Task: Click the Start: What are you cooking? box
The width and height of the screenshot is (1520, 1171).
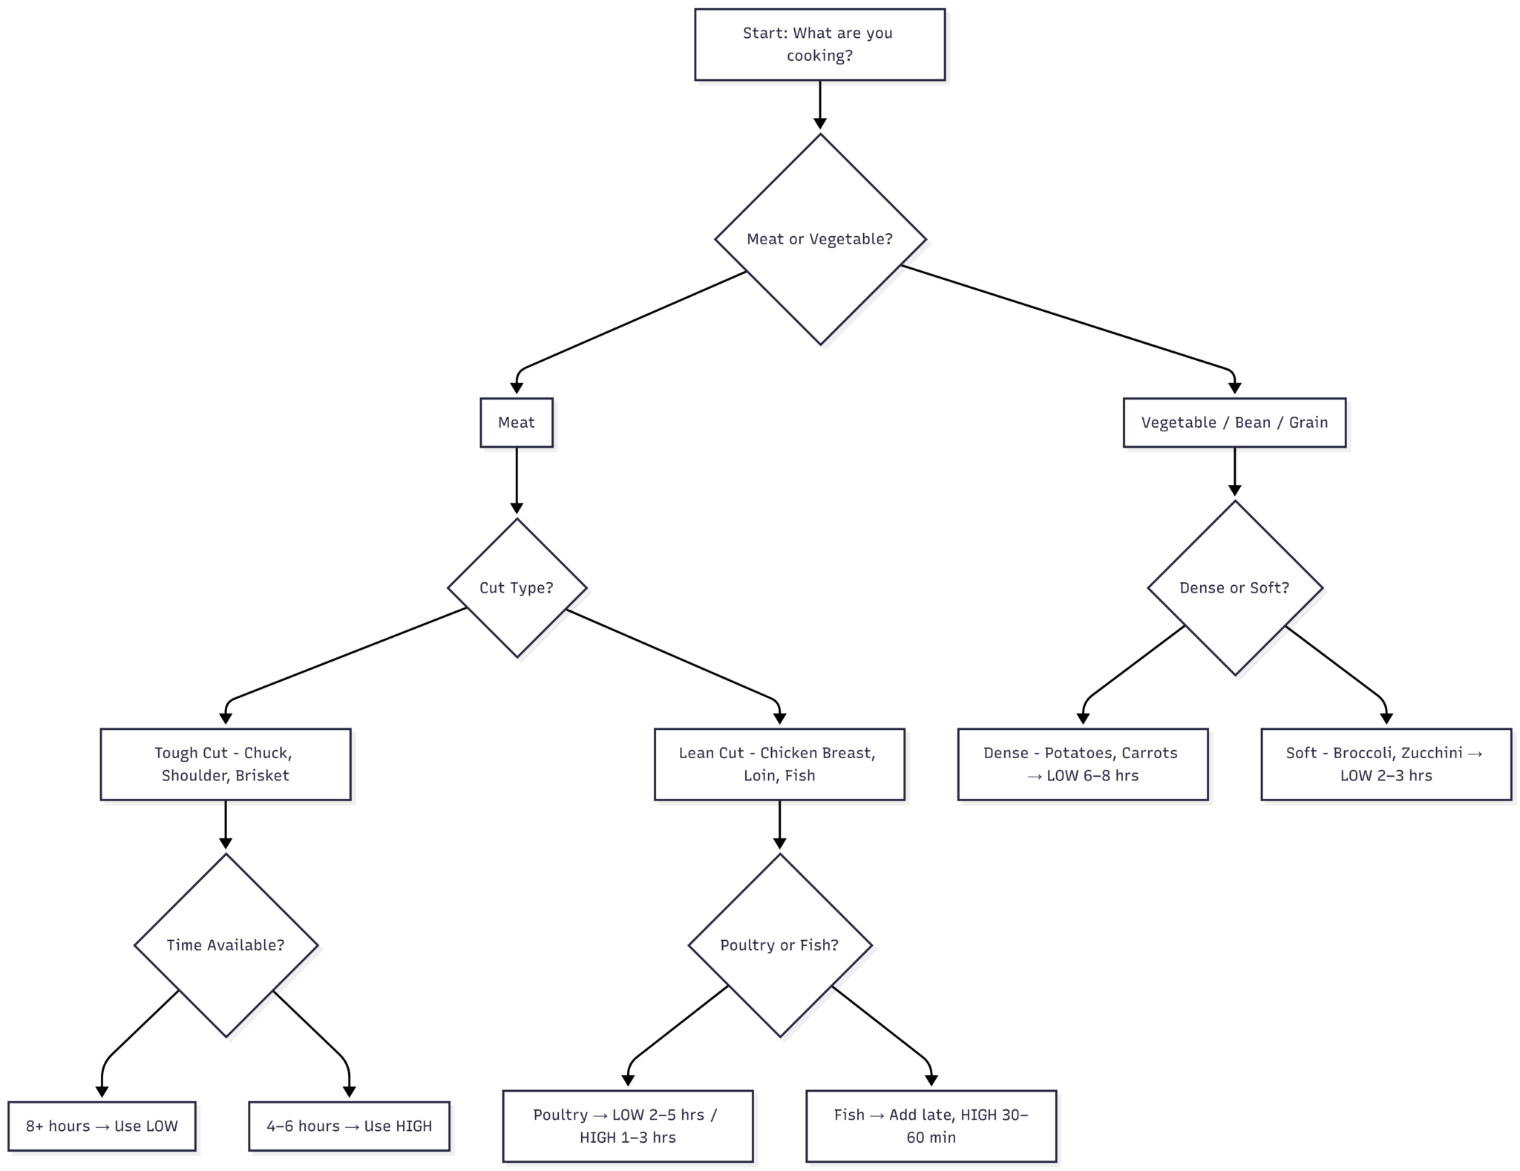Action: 819,45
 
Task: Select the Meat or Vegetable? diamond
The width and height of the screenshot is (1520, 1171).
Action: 819,239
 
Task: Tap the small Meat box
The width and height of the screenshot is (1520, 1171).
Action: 516,423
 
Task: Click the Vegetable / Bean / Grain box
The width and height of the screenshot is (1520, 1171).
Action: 1234,423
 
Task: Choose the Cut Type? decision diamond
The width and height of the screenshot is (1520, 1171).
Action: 517,587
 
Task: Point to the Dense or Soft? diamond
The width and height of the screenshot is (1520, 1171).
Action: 1234,587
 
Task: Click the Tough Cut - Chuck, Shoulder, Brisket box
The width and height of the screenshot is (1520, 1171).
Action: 225,764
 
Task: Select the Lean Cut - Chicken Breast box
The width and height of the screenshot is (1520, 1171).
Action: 779,764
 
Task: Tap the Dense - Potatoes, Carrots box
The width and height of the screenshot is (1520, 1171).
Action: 1082,764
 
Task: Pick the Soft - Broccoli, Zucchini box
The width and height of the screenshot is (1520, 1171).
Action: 1386,764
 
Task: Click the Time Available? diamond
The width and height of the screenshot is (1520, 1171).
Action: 225,945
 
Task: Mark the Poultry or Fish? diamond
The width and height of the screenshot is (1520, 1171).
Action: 779,945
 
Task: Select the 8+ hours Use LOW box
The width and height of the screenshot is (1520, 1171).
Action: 102,1126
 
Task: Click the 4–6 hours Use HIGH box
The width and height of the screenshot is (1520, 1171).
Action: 349,1126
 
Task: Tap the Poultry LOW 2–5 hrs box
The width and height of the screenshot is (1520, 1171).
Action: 627,1126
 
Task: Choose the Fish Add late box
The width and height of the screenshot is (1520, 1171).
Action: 931,1126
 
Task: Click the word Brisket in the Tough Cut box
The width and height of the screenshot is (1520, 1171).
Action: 262,776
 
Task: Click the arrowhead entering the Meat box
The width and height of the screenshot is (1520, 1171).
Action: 517,388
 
